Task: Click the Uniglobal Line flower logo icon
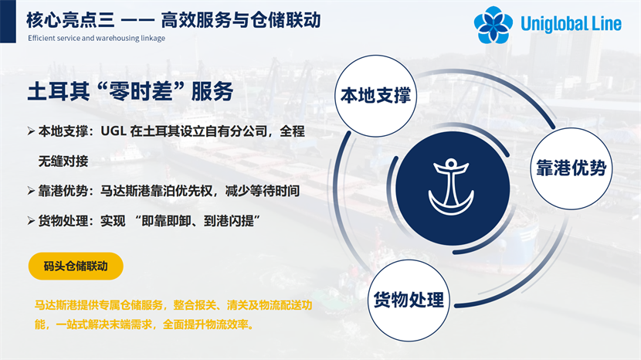pos(493,25)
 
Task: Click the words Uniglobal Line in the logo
pos(571,23)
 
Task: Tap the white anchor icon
pos(451,187)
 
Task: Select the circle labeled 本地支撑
pos(375,96)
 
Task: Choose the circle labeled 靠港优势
pos(571,168)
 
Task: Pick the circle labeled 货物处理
pos(409,301)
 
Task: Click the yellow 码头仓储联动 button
pos(76,267)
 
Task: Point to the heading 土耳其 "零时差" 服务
pos(131,91)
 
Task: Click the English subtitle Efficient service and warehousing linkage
pos(97,38)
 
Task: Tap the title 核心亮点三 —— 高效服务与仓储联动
pos(173,20)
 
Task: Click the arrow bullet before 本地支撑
pos(31,131)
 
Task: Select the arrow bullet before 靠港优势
pos(31,191)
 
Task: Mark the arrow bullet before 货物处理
pos(31,221)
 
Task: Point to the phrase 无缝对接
pos(63,161)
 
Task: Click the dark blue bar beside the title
pos(8,22)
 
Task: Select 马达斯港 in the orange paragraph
pos(56,305)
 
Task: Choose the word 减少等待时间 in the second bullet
pos(263,191)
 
